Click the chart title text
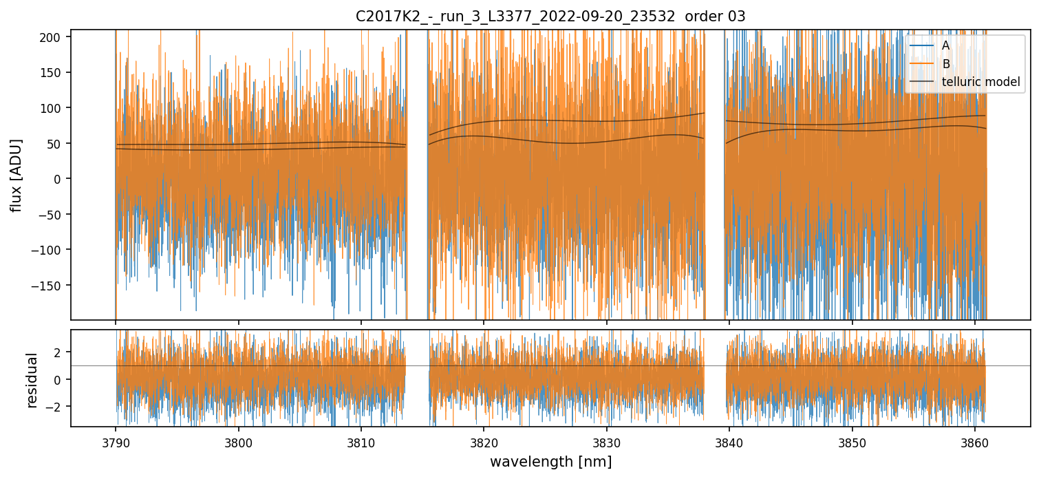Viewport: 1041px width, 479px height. tap(550, 17)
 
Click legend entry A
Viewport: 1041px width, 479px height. tap(945, 45)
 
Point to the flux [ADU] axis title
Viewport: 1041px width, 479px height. tap(16, 175)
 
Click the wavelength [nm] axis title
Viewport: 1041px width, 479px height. tap(550, 461)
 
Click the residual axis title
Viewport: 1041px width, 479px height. tap(32, 380)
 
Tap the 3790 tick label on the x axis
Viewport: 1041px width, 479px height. tap(116, 440)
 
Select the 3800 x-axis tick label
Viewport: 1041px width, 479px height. tap(239, 440)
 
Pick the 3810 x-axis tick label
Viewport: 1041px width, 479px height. tap(361, 440)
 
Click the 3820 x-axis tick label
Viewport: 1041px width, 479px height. tap(484, 440)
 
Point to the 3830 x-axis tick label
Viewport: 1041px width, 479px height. tap(607, 440)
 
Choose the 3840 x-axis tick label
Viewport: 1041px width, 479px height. tap(729, 440)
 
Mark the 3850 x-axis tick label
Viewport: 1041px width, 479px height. tap(852, 440)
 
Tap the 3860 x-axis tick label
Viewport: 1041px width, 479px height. tap(975, 440)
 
